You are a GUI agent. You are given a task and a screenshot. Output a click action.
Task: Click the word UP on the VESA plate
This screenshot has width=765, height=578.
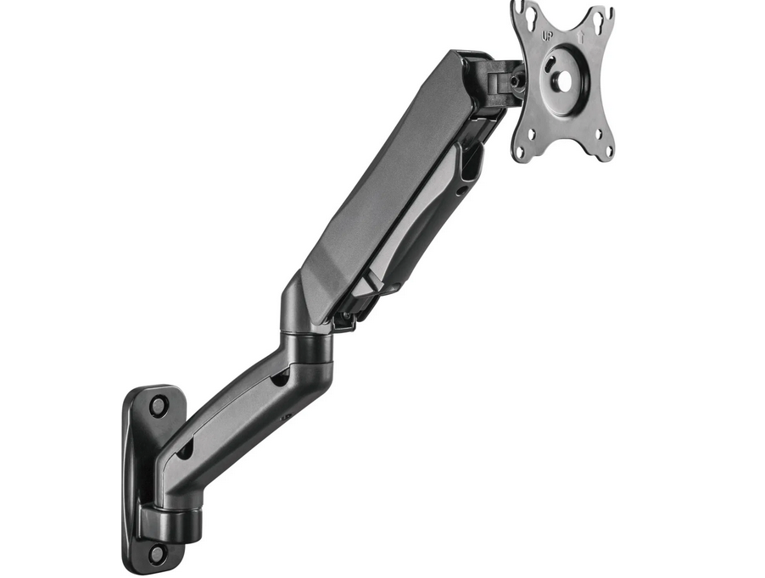coord(549,36)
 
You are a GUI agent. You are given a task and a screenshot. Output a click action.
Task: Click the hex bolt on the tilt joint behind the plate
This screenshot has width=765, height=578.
coord(513,81)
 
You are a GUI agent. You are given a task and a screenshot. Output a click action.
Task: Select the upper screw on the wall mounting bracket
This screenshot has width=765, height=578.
coord(158,404)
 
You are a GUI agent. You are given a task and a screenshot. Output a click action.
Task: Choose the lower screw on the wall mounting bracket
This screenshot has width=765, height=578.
coord(157,553)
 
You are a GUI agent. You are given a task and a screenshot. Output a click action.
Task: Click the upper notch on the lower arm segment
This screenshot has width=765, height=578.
coord(277,380)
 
